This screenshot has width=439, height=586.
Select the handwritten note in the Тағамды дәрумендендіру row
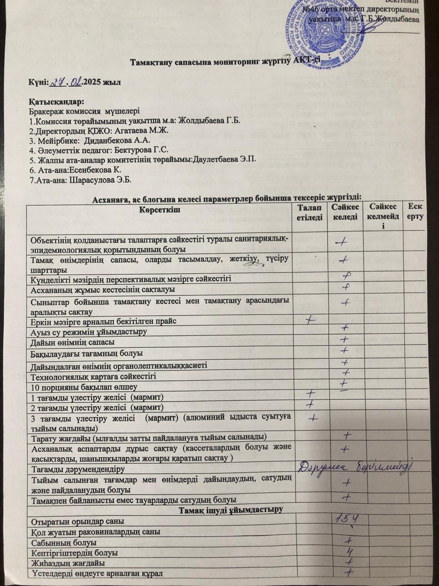point(357,467)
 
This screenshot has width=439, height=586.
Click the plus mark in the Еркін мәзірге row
point(311,319)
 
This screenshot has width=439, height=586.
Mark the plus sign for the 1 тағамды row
point(311,393)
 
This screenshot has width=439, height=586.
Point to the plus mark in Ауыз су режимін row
point(346,328)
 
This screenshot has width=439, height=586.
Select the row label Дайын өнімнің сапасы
point(72,342)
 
